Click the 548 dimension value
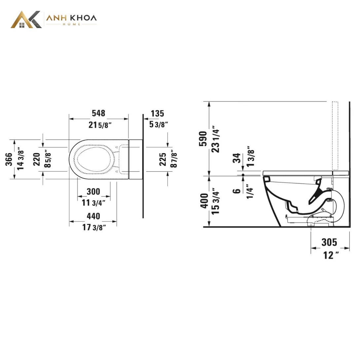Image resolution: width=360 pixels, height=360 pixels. click(98, 113)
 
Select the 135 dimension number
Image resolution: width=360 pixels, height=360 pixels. click(157, 113)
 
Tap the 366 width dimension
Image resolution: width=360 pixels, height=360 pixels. click(9, 159)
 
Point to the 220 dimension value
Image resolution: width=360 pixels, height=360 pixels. click(37, 159)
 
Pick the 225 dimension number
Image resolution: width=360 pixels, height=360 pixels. click(162, 159)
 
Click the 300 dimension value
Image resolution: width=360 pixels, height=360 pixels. click(93, 192)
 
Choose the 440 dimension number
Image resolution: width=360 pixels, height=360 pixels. click(93, 216)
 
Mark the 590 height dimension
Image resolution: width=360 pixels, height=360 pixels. click(203, 139)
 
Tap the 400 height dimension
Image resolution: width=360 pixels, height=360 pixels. click(204, 201)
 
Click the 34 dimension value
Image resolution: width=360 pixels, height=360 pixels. click(236, 158)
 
